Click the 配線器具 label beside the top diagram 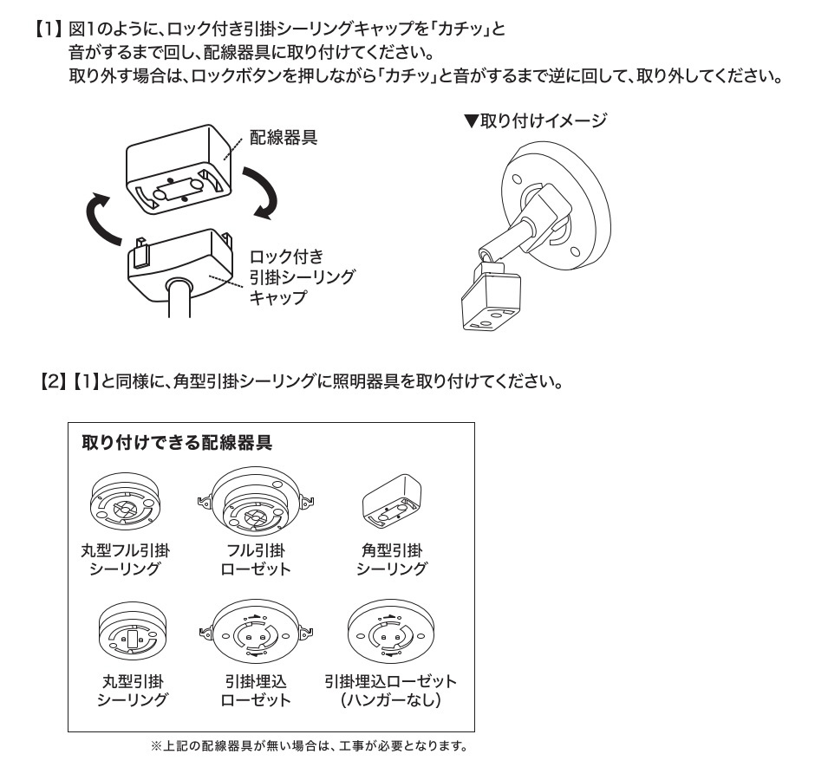pyautogui.click(x=284, y=136)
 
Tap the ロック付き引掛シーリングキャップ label pyautogui.click(x=301, y=276)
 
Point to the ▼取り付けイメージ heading pyautogui.click(x=535, y=121)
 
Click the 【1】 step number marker pyautogui.click(x=49, y=29)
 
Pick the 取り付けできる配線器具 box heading pyautogui.click(x=177, y=443)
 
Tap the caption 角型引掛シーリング pyautogui.click(x=391, y=560)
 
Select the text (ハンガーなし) pyautogui.click(x=390, y=699)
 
